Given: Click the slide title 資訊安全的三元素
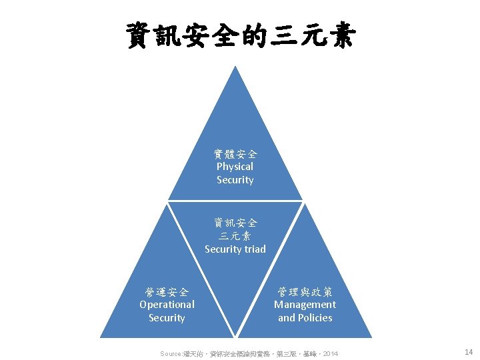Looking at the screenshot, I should (239, 36).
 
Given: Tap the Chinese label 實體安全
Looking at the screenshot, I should (235, 153).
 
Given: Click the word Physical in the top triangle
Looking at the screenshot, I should (235, 167).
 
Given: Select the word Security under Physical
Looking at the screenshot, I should (235, 180).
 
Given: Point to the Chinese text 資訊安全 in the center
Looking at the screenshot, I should (235, 222).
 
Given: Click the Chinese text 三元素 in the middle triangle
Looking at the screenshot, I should (235, 235).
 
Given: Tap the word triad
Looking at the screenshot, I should (253, 249).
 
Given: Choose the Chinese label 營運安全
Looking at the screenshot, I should (167, 291).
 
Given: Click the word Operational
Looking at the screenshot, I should (167, 305).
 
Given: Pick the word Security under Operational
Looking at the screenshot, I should (167, 318).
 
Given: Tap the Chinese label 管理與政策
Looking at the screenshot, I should (305, 291).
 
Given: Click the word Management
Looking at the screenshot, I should (305, 305).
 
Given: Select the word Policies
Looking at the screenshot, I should (315, 318).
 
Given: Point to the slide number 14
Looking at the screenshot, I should (468, 351).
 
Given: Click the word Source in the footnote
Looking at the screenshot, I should (171, 353).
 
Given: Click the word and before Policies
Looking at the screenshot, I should (287, 318).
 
